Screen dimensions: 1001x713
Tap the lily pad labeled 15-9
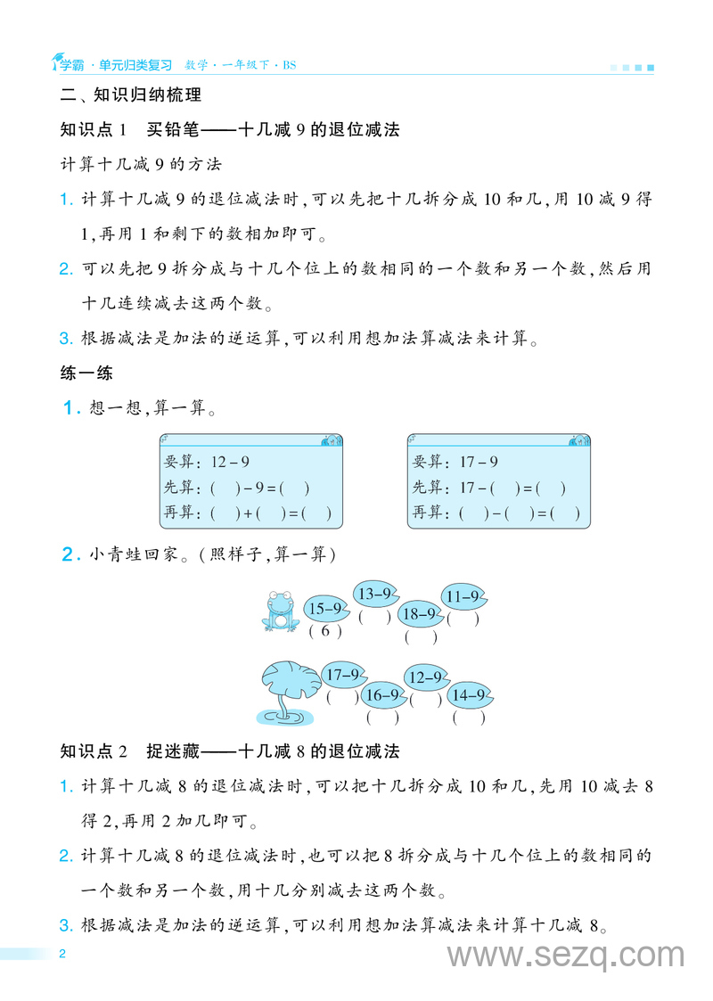(x=326, y=609)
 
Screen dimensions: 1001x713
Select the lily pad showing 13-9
(x=374, y=593)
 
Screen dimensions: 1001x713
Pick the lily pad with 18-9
(x=420, y=613)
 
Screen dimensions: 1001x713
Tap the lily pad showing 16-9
(x=384, y=694)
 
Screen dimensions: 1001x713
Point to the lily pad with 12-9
(x=426, y=677)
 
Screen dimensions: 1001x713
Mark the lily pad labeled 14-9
(x=469, y=694)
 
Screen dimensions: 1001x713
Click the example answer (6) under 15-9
(x=325, y=631)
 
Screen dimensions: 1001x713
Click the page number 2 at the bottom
(x=61, y=954)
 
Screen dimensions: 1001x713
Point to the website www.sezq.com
(x=566, y=956)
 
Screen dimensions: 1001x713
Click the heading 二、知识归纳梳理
(x=130, y=94)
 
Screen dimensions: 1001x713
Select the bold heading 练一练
(x=86, y=373)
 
